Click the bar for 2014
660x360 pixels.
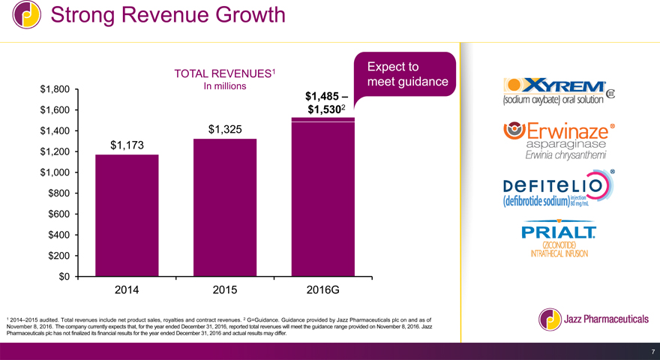(x=127, y=215)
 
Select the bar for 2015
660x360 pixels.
(x=225, y=208)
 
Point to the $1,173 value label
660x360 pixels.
(x=128, y=145)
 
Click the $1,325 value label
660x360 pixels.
(x=225, y=129)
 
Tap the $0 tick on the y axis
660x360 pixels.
(x=63, y=277)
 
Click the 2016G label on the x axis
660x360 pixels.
(x=323, y=289)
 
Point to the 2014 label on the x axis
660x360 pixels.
(x=127, y=289)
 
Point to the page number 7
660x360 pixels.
(x=653, y=352)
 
